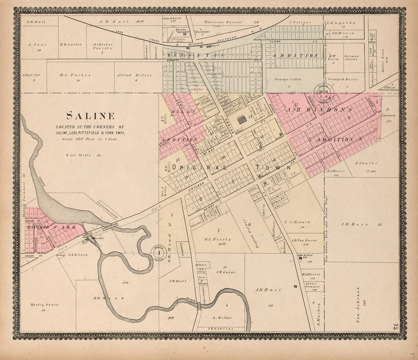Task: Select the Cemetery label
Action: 183,249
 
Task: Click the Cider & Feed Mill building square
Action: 300,258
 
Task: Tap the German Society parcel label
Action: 351,57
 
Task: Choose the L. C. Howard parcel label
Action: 297,222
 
